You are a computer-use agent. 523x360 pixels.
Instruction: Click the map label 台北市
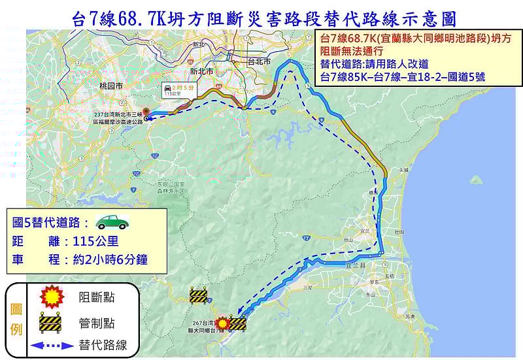[x=260, y=61]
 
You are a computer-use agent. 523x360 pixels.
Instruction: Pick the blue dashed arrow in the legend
[x=52, y=345]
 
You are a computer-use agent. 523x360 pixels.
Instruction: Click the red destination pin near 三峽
[x=146, y=111]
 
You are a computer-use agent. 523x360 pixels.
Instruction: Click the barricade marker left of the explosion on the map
[x=198, y=295]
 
